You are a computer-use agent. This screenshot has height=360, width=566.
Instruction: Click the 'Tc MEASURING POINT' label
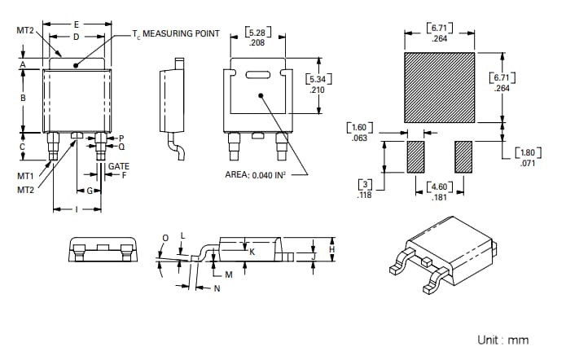click(176, 33)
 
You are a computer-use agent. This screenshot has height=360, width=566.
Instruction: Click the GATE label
click(119, 166)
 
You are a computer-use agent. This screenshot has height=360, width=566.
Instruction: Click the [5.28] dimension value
click(255, 33)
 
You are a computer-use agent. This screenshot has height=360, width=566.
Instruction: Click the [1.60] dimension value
click(359, 128)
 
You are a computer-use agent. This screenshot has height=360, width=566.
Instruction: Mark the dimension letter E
click(76, 24)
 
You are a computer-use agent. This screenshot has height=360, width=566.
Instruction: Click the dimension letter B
click(23, 98)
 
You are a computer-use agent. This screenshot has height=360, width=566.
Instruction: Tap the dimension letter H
click(331, 248)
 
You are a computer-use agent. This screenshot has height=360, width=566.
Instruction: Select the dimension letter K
click(252, 252)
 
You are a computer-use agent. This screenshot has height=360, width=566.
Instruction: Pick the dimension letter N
click(217, 288)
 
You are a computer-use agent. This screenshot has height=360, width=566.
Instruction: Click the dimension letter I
click(76, 209)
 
